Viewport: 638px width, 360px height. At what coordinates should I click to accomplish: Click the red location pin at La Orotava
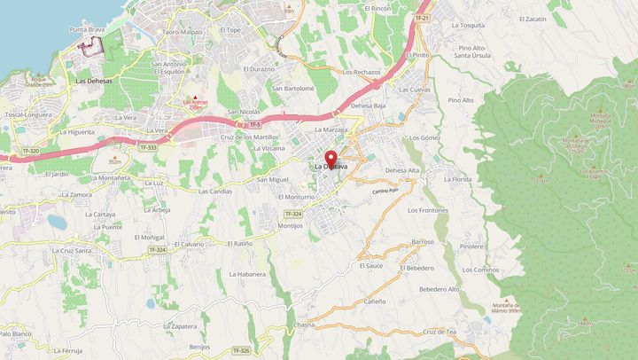331,160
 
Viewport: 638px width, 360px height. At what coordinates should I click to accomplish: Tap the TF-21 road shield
421,18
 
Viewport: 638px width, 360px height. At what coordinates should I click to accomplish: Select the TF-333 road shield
148,147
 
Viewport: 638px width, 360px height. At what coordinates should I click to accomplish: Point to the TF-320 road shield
30,152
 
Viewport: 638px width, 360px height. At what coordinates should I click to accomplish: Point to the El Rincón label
377,7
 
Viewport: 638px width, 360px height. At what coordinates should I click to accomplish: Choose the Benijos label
199,347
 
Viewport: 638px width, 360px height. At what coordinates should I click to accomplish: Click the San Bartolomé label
293,89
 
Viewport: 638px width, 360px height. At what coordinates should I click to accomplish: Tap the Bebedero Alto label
440,289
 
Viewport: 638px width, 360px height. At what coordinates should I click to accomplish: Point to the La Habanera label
247,274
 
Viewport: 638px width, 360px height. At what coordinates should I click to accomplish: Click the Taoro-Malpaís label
183,31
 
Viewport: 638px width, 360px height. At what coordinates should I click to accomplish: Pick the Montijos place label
290,225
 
